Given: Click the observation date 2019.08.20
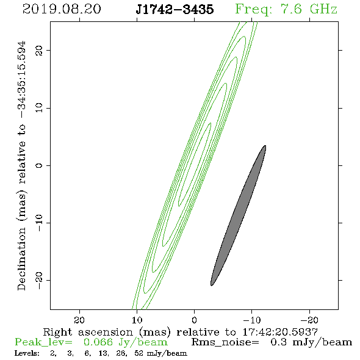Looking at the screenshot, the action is (x=62, y=9).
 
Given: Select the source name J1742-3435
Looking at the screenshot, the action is (x=175, y=9).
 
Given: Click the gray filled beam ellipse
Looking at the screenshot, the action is (x=238, y=215).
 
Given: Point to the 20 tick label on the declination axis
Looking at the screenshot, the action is (x=39, y=51).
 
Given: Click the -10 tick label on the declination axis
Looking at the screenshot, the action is (x=39, y=223).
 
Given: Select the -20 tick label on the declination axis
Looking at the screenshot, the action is (x=39, y=280).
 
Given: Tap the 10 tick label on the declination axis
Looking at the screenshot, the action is (x=39, y=107).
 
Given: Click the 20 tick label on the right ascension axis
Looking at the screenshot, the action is (x=79, y=320).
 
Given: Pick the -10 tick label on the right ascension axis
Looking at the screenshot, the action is (x=252, y=320).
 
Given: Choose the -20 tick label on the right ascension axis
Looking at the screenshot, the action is (x=309, y=320).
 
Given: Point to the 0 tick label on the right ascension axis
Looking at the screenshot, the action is (x=195, y=320).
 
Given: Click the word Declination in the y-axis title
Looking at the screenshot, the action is (x=21, y=259).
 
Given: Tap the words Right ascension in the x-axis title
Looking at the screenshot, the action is (x=88, y=332).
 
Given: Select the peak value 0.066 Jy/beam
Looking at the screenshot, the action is (x=126, y=342).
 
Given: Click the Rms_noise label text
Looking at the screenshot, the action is (x=225, y=342).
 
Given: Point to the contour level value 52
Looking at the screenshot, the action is (x=139, y=353).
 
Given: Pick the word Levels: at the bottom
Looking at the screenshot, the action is (x=27, y=353).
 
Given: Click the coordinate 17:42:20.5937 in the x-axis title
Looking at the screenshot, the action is (x=280, y=332).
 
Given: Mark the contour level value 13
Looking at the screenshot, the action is (x=103, y=353).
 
